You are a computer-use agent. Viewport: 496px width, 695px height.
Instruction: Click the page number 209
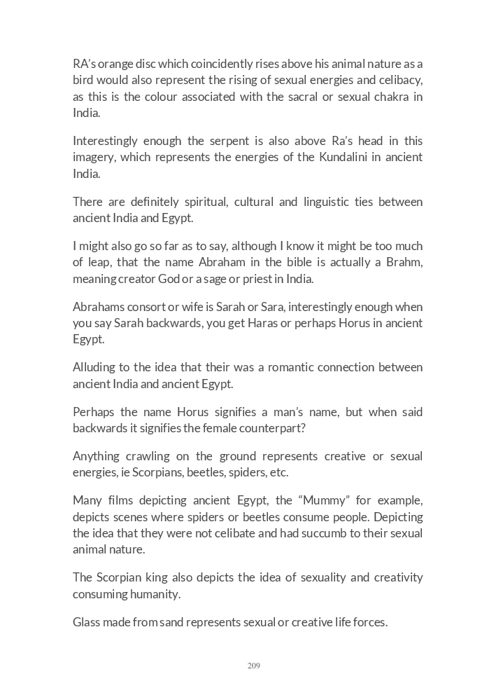coord(253,666)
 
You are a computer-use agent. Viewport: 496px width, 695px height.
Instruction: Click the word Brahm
coord(404,262)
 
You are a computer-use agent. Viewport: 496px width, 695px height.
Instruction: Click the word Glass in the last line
coord(87,621)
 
